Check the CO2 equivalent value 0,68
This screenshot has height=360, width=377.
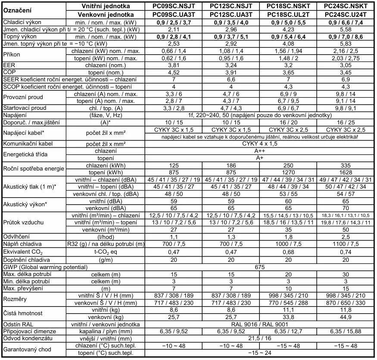point(288,252)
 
